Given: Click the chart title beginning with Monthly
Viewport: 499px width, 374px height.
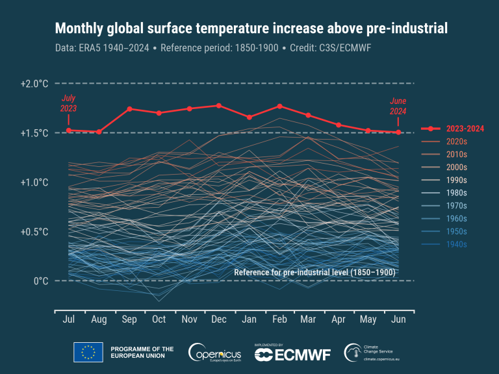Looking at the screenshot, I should point(251,29).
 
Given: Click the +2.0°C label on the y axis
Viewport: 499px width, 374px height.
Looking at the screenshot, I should point(34,84).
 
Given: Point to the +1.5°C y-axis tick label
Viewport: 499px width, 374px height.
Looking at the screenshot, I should point(34,133).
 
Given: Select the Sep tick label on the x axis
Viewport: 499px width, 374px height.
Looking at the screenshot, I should point(129,320).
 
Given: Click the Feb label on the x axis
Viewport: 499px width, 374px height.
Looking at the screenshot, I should point(279,320).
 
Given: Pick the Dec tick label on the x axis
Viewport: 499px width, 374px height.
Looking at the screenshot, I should point(219,320).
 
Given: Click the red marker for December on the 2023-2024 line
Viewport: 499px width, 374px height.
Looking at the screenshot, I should point(219,105).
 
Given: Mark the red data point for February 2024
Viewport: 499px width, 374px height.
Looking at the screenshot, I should point(279,106).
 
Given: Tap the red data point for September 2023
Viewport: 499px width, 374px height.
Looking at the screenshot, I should point(129,108).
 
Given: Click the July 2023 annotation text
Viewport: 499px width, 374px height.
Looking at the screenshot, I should point(68,103).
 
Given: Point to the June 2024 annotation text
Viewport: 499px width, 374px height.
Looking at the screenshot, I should point(398,106).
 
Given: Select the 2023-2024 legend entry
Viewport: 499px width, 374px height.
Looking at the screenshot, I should point(455,129).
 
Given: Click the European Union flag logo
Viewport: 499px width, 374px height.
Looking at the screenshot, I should point(88,352).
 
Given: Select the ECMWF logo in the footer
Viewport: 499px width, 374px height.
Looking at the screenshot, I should point(292,353).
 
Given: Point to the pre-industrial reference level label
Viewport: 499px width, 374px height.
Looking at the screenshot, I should point(314,272).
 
